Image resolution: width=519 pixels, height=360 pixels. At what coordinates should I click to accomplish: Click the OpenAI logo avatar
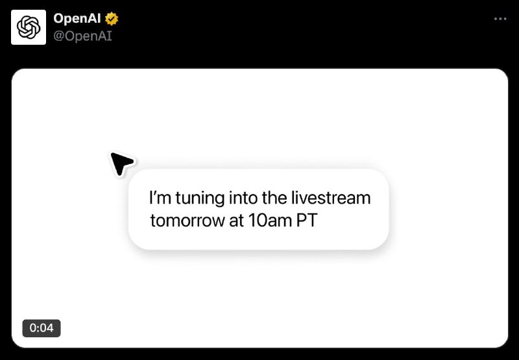click(x=29, y=27)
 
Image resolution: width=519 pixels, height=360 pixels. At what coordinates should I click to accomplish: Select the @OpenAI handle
click(x=83, y=36)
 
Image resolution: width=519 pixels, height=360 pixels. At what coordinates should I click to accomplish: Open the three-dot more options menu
click(x=500, y=19)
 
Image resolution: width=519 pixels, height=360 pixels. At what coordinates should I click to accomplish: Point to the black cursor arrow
click(x=121, y=163)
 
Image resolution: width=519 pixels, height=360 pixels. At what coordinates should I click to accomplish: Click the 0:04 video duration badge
click(x=42, y=328)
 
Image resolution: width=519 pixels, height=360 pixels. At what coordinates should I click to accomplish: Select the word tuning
click(x=193, y=197)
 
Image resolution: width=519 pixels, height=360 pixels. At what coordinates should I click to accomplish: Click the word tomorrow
click(x=184, y=221)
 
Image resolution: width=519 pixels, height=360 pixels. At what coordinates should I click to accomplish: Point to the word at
click(x=234, y=221)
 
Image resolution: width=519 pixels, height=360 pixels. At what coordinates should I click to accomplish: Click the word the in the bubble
click(x=269, y=197)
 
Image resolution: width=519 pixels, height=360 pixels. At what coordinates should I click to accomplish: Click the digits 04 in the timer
click(x=47, y=328)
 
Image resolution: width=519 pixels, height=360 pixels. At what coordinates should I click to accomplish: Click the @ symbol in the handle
click(x=59, y=36)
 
